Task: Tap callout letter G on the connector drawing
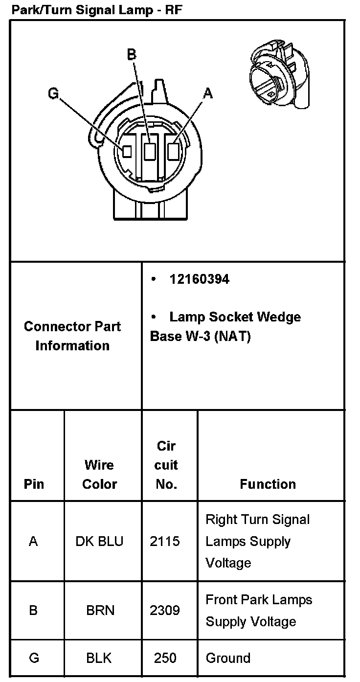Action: pos(53,93)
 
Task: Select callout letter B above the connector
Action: pos(132,54)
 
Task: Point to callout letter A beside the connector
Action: pos(208,93)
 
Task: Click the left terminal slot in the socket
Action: pos(127,151)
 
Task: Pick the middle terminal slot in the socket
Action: pos(150,151)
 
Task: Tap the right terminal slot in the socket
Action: pos(173,151)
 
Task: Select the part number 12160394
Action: pos(199,279)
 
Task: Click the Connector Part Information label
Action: pos(72,336)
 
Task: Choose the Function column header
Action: pos(268,484)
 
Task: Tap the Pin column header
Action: pos(34,484)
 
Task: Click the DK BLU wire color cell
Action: pos(99,541)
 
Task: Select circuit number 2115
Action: pos(165,541)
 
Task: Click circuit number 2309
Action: pos(165,611)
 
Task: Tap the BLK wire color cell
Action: pos(99,658)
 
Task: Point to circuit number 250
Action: pos(165,658)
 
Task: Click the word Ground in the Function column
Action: pos(228,658)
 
